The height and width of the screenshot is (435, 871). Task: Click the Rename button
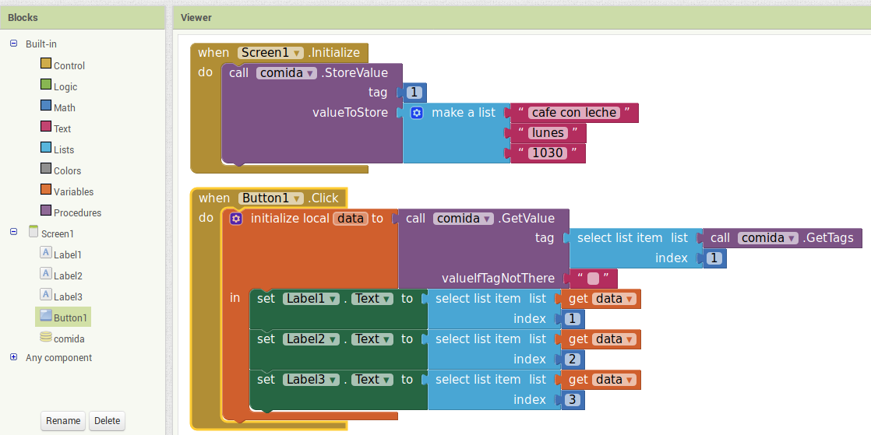63,420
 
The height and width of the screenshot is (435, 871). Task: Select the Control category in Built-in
69,66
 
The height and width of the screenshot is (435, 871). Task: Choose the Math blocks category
64,108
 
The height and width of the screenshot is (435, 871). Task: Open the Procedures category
77,213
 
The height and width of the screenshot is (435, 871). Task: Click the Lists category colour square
46,149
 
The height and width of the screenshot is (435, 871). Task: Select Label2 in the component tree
67,275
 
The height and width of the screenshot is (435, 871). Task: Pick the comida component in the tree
69,339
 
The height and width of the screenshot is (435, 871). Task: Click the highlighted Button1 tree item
69,317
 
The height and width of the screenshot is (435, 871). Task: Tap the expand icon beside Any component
13,357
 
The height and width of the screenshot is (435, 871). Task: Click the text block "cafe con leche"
574,113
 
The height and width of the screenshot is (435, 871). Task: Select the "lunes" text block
548,133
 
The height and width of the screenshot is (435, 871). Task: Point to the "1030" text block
547,153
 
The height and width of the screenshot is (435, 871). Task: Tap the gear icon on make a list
417,113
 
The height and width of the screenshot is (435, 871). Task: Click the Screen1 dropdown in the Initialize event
271,53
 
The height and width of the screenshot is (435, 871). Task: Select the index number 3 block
572,400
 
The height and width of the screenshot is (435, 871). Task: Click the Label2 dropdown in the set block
311,339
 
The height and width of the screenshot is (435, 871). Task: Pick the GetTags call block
781,238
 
